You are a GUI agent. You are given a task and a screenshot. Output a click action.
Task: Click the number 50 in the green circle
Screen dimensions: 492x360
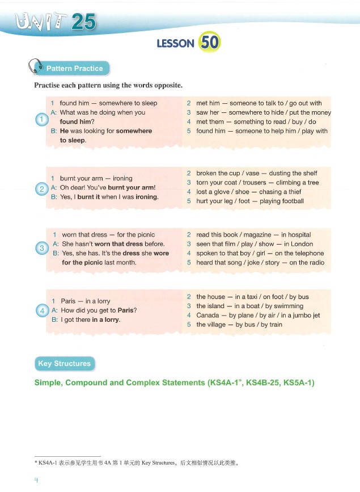[x=209, y=42]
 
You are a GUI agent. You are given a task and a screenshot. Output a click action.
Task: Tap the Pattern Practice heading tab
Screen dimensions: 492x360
[x=75, y=69]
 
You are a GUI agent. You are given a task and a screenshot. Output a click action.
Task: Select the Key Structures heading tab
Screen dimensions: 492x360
[x=64, y=364]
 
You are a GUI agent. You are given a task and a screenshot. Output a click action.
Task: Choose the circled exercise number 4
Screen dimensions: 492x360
[x=41, y=310]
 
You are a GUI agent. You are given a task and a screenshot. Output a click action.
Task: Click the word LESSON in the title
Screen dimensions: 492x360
[x=176, y=43]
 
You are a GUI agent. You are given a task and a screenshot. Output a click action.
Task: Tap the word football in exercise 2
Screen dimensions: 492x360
[x=289, y=201]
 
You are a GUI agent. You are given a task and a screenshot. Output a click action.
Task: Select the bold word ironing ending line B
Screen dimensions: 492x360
[x=144, y=197]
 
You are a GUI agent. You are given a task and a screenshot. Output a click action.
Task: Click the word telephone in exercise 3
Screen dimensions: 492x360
[x=308, y=253]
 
